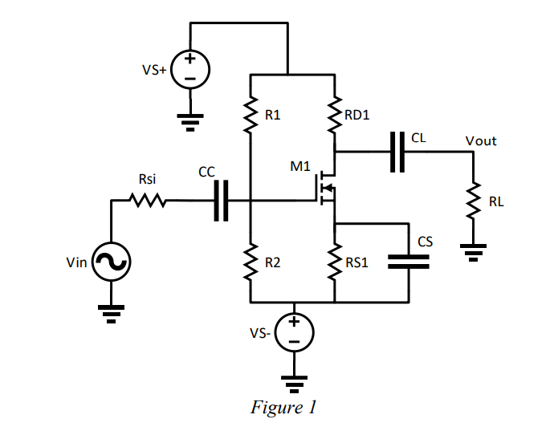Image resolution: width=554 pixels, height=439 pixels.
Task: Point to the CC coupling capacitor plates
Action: (222, 200)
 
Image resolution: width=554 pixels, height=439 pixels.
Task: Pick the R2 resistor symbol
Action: (251, 263)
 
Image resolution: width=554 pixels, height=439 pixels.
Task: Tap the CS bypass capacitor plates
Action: (408, 262)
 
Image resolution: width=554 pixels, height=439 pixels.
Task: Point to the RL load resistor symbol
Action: (474, 201)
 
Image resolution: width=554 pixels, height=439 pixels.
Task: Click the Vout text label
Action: (481, 141)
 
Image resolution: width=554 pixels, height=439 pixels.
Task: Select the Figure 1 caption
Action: (284, 408)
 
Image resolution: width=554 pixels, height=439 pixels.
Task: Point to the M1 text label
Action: (299, 167)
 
